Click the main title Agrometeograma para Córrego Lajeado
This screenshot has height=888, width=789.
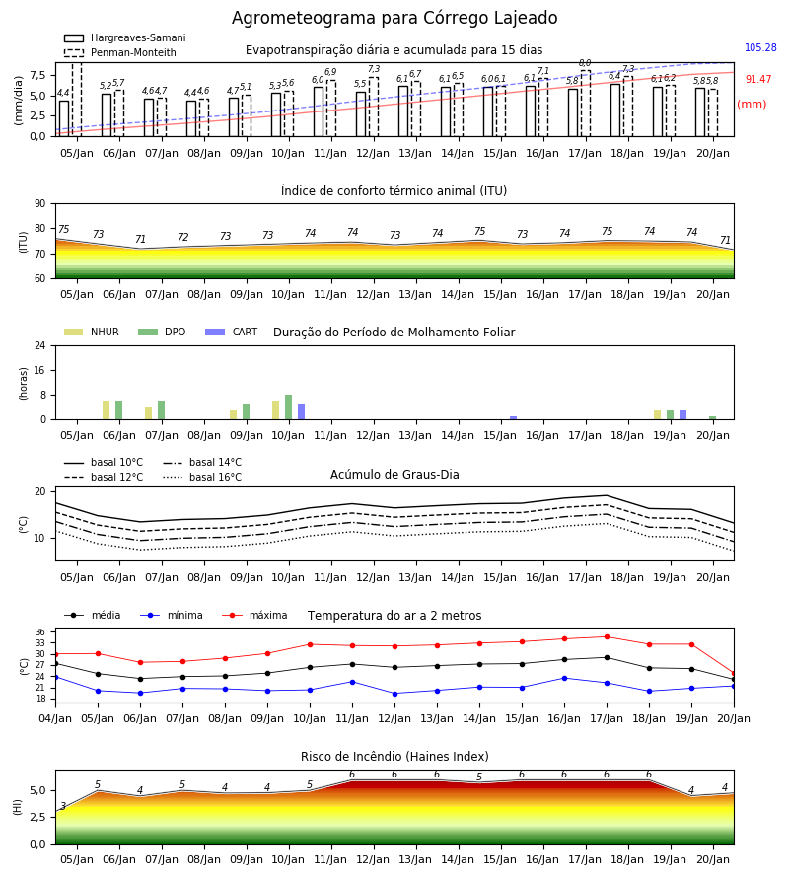[394, 18]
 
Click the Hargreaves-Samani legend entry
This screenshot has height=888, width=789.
[124, 37]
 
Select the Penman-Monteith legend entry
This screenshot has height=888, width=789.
[120, 52]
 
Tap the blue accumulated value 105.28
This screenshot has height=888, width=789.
[760, 47]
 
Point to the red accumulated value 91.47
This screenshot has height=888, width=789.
[757, 79]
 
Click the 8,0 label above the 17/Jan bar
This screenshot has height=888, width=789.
[585, 63]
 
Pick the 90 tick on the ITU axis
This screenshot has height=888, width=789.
[40, 204]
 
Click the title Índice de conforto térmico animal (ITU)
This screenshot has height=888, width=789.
[394, 190]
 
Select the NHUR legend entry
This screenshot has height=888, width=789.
[92, 332]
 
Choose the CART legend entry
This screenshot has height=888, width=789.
[232, 332]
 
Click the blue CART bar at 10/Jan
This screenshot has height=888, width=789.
[301, 411]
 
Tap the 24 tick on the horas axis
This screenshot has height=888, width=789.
[40, 345]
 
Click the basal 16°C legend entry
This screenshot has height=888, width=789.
[202, 477]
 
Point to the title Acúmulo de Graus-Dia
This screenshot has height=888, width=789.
[394, 474]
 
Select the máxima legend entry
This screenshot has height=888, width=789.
[254, 615]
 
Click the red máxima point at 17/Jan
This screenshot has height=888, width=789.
[607, 637]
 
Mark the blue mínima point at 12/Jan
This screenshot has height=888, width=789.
[394, 694]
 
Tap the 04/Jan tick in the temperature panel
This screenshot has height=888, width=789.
[55, 718]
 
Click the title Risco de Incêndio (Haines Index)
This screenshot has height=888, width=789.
[394, 757]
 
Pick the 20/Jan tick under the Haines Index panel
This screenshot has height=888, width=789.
[713, 859]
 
